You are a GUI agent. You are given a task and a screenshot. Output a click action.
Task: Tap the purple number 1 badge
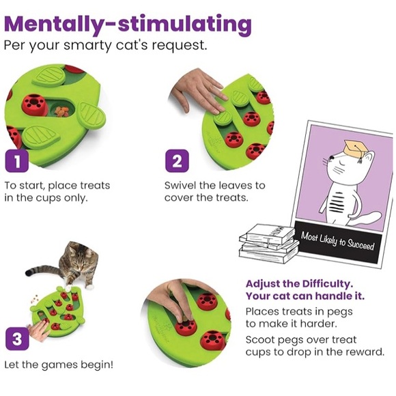tap(18, 162)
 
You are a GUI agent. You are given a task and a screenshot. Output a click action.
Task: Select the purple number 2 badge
tap(177, 162)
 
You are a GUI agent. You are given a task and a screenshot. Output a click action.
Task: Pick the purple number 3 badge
tap(18, 337)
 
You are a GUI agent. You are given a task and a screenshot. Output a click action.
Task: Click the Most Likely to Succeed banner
tap(337, 242)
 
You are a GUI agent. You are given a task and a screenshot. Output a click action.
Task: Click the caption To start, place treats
tap(57, 186)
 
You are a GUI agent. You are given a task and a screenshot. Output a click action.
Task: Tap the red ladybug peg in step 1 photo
tap(33, 104)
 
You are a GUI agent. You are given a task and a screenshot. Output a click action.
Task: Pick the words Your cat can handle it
tap(305, 296)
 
